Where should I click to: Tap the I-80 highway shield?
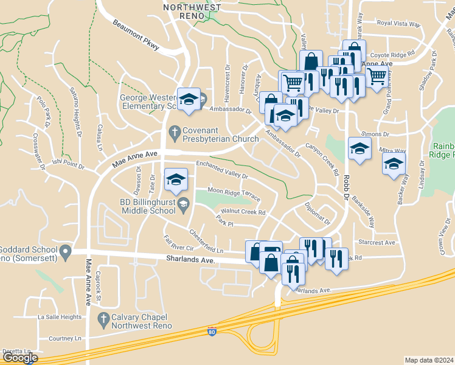click(211, 332)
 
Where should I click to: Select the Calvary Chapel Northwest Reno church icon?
click(103, 318)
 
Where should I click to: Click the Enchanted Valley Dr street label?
click(222, 170)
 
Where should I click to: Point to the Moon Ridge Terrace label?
click(234, 195)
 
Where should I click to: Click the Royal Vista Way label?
click(398, 24)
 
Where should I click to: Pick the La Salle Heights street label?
click(59, 317)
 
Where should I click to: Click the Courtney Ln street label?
click(65, 338)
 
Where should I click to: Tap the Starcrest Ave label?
click(377, 242)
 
